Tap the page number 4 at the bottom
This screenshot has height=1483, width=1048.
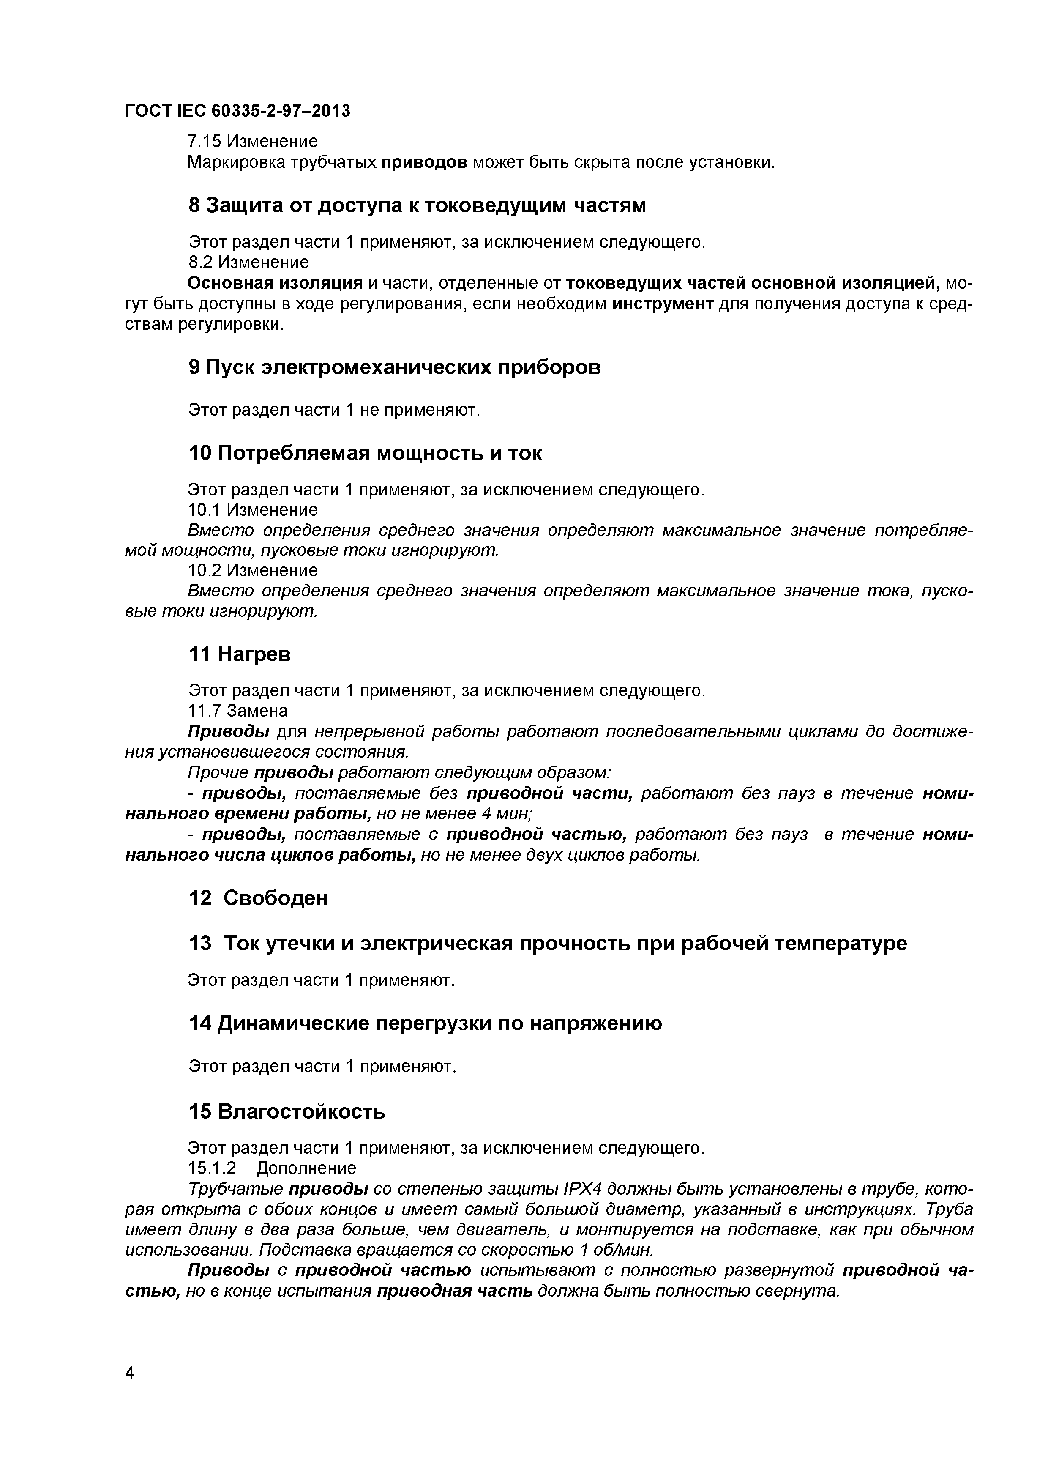click(x=129, y=1391)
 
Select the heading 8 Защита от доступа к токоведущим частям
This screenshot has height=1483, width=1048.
click(x=417, y=205)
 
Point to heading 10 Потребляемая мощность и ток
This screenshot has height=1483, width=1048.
click(x=365, y=454)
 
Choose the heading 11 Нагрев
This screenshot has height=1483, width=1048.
click(x=240, y=654)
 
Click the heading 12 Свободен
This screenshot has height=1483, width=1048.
click(x=258, y=898)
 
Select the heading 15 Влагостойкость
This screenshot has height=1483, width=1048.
click(x=287, y=1111)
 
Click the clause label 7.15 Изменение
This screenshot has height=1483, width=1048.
click(x=252, y=141)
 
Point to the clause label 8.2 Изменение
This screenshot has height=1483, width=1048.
click(x=248, y=262)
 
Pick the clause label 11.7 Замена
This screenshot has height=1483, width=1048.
click(x=237, y=711)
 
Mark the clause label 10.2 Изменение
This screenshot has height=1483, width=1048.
click(x=252, y=570)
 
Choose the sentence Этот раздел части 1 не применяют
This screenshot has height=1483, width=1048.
click(x=334, y=410)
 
